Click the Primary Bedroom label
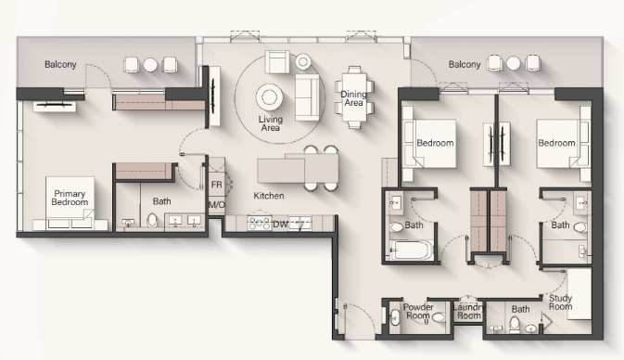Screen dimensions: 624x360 (70, 198)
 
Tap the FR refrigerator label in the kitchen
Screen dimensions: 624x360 (216, 185)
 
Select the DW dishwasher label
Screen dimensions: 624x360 (280, 225)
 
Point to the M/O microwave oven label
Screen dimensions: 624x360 (217, 205)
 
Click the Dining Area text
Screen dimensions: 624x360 (353, 98)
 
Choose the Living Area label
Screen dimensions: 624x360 (271, 123)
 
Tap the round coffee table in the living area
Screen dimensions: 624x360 (270, 97)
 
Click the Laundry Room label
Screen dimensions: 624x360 (469, 312)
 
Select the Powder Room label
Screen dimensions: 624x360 (418, 312)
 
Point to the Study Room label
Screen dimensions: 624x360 (560, 302)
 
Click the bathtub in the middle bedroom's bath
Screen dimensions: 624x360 (411, 251)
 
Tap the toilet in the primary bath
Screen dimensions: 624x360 (152, 220)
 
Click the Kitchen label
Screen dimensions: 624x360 (269, 196)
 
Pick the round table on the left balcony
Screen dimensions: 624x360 (150, 65)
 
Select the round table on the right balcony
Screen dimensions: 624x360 (513, 63)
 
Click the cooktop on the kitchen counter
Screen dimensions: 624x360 (260, 224)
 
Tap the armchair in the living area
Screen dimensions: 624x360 (277, 62)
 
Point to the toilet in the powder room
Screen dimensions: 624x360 (439, 317)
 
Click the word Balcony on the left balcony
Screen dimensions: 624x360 (60, 65)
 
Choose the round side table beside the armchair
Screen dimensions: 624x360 (303, 61)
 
